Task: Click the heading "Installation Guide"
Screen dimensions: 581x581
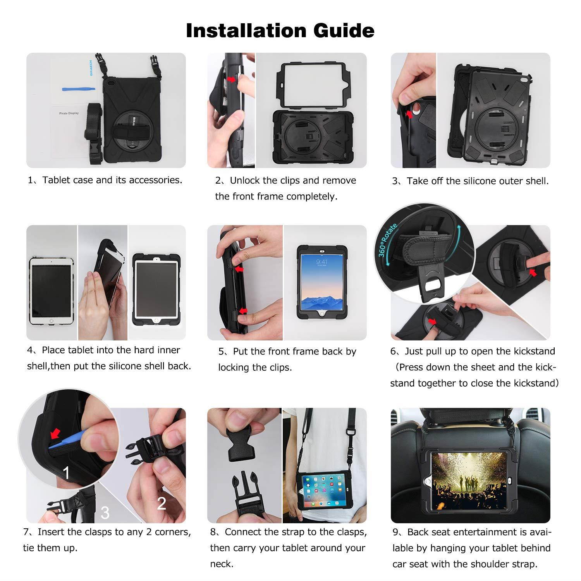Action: pyautogui.click(x=280, y=31)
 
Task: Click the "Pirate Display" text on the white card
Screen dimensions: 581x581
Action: pyautogui.click(x=69, y=113)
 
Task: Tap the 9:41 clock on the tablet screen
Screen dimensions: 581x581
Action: pyautogui.click(x=321, y=262)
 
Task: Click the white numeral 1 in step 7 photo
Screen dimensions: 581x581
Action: pyautogui.click(x=66, y=473)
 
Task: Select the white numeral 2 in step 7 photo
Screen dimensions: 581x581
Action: pyautogui.click(x=162, y=503)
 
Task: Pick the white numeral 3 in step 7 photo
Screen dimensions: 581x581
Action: pyautogui.click(x=105, y=512)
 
